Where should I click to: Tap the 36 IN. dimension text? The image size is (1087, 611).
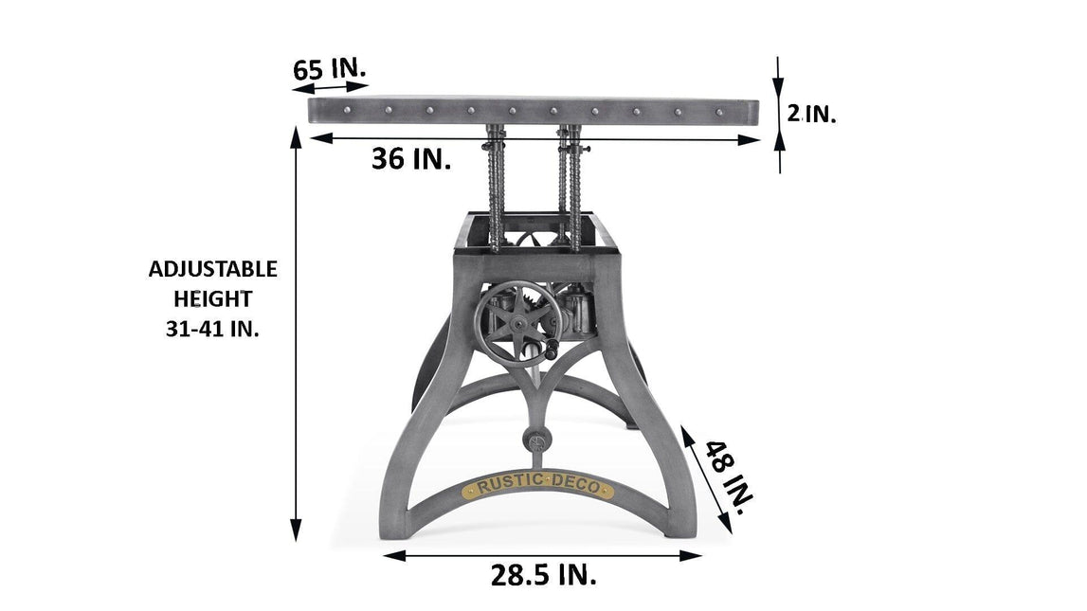411,158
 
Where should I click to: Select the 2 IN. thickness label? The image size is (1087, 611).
811,113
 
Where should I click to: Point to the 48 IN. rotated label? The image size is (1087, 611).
729,477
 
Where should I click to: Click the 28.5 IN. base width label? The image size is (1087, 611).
544,575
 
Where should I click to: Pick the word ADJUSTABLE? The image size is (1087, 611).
213,269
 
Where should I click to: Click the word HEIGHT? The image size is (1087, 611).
213,299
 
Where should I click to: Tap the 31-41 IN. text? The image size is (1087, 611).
213,329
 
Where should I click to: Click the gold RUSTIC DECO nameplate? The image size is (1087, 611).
538,486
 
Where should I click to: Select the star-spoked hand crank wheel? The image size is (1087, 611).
517,323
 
